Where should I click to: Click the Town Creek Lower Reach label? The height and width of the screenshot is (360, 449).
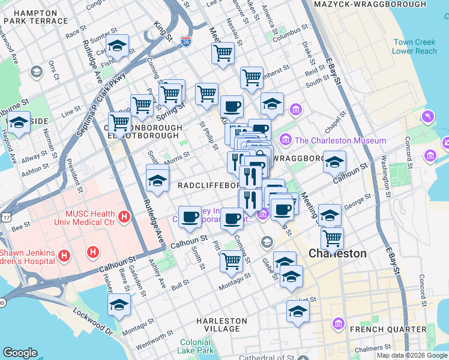click(415, 47)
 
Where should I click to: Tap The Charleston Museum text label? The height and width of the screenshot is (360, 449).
click(340, 140)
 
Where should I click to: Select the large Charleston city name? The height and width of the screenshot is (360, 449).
click(337, 253)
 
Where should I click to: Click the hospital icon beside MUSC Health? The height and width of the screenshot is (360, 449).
click(125, 216)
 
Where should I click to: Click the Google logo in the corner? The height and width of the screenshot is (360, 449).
click(20, 353)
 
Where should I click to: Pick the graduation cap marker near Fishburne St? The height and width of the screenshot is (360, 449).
click(118, 46)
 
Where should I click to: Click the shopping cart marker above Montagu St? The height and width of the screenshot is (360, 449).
click(231, 260)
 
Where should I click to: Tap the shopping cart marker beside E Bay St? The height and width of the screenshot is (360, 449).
click(332, 238)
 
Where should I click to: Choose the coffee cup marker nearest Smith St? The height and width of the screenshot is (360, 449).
click(190, 217)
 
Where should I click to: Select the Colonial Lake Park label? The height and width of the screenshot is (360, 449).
click(196, 346)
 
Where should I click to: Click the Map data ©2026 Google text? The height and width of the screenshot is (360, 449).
click(411, 355)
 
